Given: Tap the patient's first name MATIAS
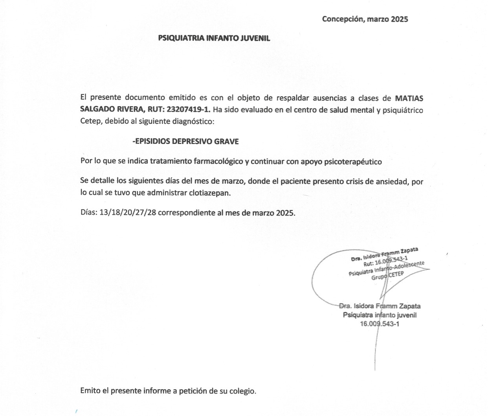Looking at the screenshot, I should point(409,98).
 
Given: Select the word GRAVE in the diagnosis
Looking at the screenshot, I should point(226,141).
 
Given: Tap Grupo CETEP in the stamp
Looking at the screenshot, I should point(387,276).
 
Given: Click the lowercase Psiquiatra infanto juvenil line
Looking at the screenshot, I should point(380,315).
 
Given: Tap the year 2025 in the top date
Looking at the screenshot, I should point(399,19).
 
